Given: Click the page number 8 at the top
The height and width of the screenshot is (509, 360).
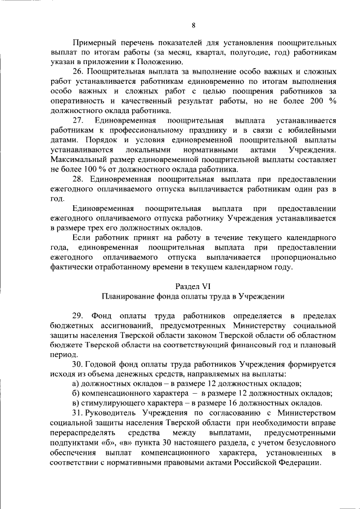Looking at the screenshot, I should coord(193,25).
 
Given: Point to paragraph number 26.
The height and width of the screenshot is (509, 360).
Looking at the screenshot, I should coord(78,73).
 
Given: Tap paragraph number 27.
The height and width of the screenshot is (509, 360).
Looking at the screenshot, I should coord(78,120).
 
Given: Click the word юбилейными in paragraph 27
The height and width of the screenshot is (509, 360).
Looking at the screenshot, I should coord(313,130).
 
